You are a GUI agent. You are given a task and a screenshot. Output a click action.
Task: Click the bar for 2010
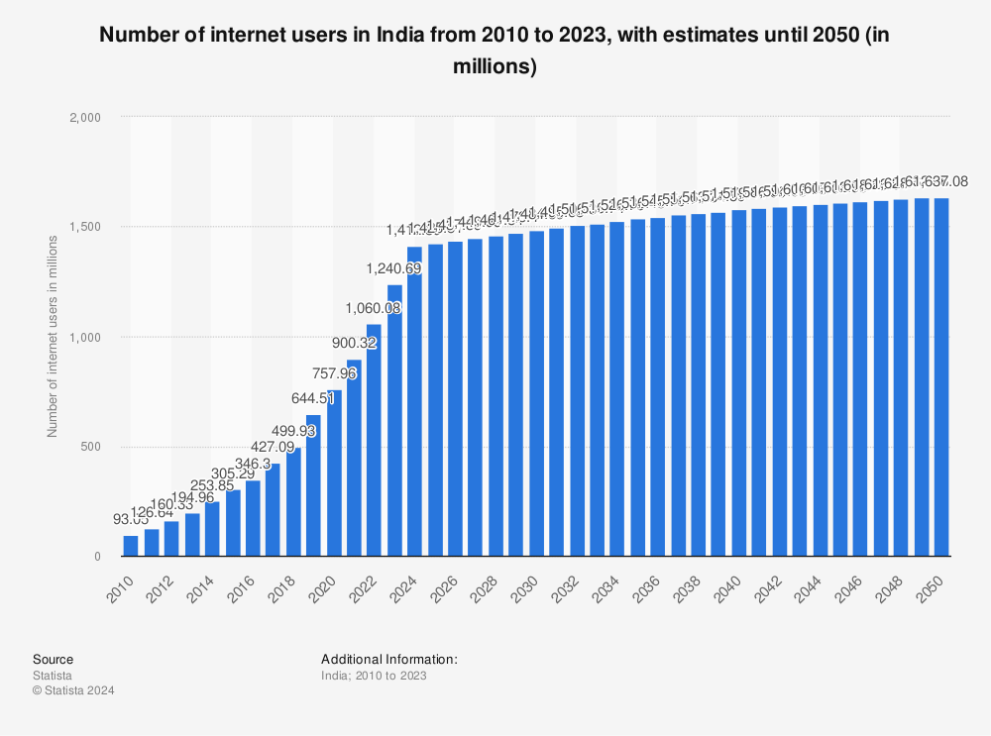(131, 546)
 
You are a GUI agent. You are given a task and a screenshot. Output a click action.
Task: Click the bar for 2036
(658, 387)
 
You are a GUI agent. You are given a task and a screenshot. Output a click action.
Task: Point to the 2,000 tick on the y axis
(86, 117)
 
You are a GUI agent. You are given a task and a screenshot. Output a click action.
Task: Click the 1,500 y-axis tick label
(86, 227)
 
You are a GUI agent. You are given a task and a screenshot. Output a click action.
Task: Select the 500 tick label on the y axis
(92, 447)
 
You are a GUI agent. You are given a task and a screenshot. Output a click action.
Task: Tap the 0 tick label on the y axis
(97, 557)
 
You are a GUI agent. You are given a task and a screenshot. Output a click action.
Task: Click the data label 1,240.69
(394, 267)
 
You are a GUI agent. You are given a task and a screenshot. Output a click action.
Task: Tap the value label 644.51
(313, 399)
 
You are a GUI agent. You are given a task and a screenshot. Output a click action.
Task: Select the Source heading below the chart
(53, 659)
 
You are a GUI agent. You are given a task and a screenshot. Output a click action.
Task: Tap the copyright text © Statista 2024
(73, 690)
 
